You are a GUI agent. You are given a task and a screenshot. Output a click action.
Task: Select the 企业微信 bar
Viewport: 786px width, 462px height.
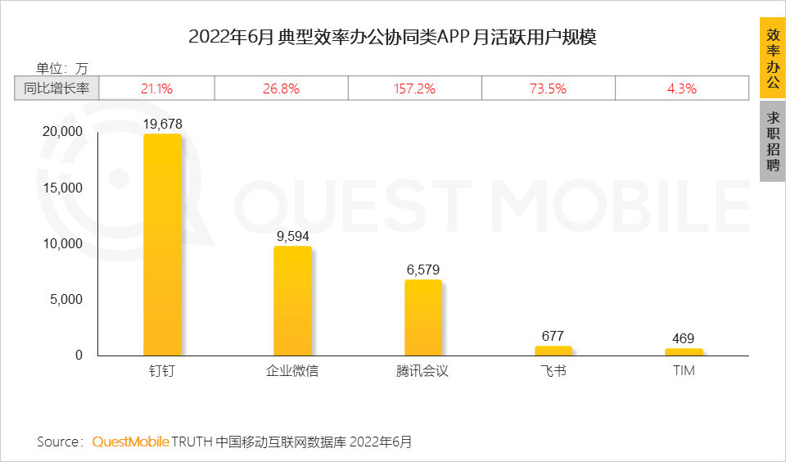292,301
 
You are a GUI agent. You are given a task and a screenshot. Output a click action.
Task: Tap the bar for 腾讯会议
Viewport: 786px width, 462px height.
423,318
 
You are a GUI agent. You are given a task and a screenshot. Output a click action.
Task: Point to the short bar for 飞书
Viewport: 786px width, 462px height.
553,351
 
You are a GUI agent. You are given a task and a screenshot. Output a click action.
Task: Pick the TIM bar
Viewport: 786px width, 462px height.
684,352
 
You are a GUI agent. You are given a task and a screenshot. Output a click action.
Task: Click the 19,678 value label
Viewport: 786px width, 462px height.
162,124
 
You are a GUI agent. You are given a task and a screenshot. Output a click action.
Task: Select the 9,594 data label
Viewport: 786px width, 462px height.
292,237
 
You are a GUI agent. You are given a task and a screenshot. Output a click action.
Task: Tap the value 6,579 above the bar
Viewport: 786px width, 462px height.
423,269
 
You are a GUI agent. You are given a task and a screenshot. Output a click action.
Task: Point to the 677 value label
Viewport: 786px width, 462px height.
553,336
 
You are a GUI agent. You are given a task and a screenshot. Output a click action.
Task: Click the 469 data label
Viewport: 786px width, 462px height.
684,338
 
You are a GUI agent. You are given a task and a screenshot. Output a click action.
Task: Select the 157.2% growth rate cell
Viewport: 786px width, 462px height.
415,88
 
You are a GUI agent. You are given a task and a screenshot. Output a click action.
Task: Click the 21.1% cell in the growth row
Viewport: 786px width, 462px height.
156,88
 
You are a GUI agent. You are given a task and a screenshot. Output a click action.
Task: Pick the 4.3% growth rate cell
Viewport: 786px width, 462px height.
681,88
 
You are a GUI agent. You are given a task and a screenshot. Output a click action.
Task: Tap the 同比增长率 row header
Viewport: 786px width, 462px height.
56,88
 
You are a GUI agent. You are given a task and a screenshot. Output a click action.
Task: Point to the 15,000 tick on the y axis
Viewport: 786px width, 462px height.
61,188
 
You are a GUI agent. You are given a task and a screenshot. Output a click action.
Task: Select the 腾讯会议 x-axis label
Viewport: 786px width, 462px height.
422,371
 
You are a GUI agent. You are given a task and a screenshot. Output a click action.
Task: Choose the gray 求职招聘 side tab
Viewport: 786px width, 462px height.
772,142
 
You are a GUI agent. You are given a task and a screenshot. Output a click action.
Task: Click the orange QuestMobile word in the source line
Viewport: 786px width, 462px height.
130,442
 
